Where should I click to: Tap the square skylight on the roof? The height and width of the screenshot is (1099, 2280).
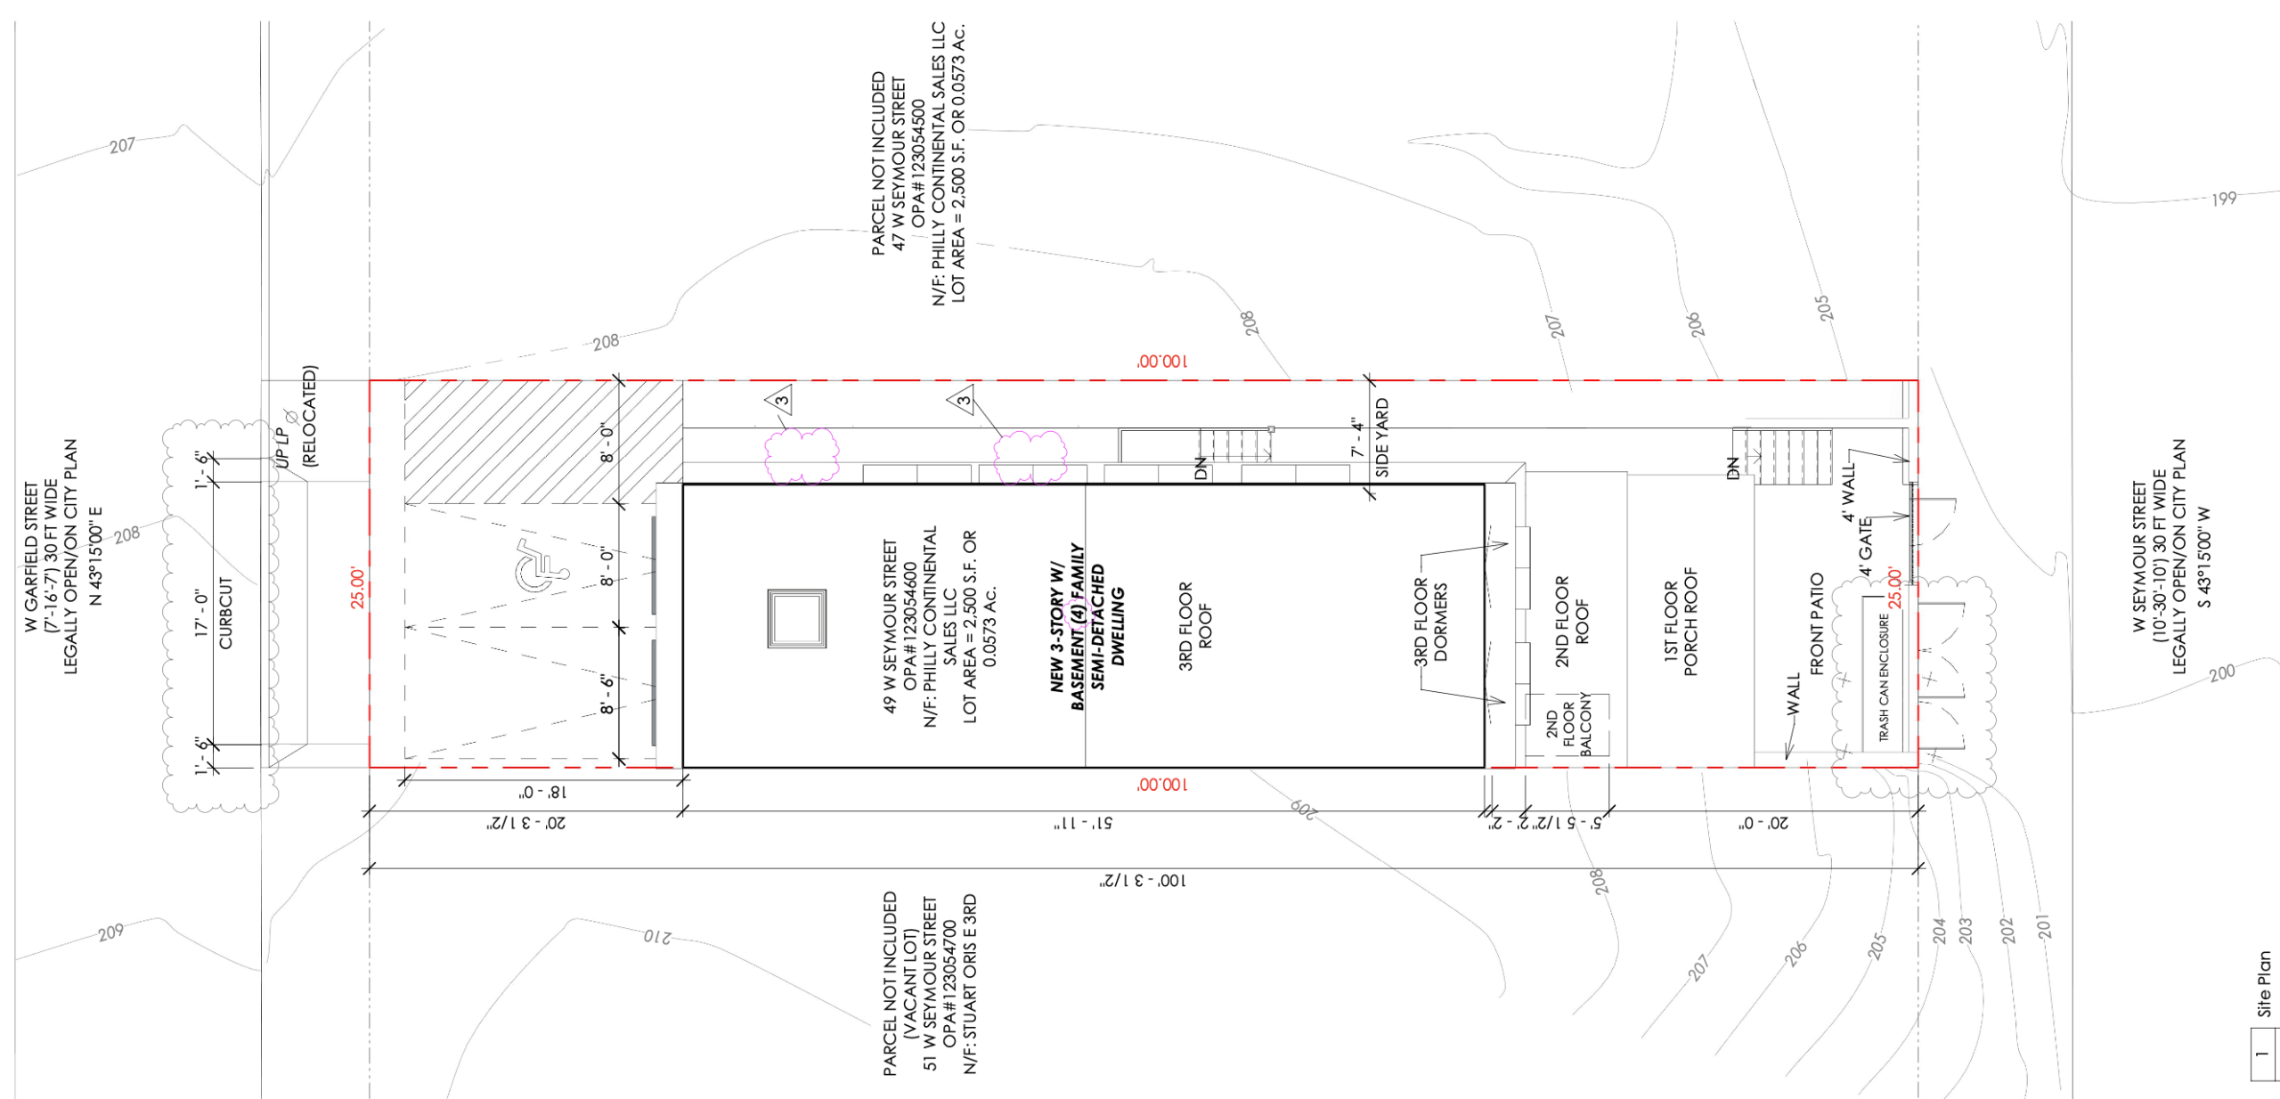(796, 618)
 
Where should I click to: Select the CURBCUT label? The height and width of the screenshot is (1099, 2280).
(225, 613)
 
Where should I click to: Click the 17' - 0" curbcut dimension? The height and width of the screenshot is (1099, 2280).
(201, 614)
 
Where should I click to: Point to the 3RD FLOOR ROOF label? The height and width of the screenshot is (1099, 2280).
(1195, 625)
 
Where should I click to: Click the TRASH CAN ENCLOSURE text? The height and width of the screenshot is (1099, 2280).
(1884, 677)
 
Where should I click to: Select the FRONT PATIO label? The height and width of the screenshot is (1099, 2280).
(1817, 623)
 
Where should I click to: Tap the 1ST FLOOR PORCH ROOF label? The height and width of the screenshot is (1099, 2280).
(1680, 622)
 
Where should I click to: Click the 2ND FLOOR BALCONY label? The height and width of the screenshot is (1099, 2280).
(1568, 723)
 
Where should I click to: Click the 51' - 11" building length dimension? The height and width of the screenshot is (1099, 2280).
(1082, 824)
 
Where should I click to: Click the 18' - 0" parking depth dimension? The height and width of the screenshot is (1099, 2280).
(542, 792)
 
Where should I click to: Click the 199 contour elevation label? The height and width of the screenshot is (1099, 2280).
(2224, 198)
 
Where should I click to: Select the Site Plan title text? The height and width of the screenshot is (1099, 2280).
(2263, 984)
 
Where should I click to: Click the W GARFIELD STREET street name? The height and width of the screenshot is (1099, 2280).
(32, 558)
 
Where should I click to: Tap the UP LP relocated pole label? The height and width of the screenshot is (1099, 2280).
(282, 446)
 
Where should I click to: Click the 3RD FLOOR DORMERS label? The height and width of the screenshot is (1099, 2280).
(1430, 621)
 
